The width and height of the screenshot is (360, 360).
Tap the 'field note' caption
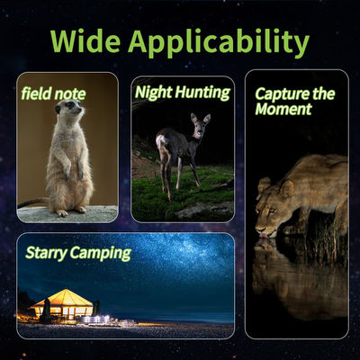53,92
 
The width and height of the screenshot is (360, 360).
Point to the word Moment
283,110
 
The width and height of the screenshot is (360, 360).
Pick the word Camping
102,253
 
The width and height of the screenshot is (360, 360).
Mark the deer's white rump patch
162,141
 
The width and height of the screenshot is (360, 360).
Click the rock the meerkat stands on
67,213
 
